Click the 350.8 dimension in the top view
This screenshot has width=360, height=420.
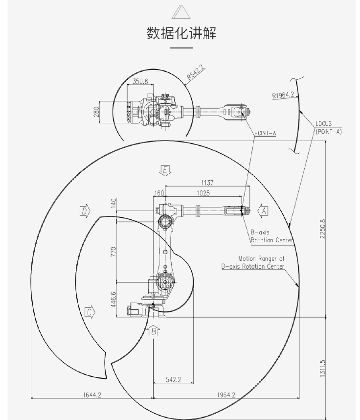pos(141,81)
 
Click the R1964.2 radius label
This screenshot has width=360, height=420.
pos(283,95)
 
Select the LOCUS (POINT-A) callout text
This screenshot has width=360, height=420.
pos(328,128)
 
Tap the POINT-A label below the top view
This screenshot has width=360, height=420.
pos(265,133)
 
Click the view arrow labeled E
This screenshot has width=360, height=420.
pos(165,170)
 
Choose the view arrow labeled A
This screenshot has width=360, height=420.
pos(264,210)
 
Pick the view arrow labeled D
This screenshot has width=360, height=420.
pos(85,210)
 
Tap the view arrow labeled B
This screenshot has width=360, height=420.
pos(154,331)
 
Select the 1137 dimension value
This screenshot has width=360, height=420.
pos(207,183)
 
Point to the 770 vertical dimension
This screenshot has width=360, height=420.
pos(113,252)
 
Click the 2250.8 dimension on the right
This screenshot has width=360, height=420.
pos(322,229)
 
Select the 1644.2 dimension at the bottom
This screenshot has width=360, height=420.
pos(91,395)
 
